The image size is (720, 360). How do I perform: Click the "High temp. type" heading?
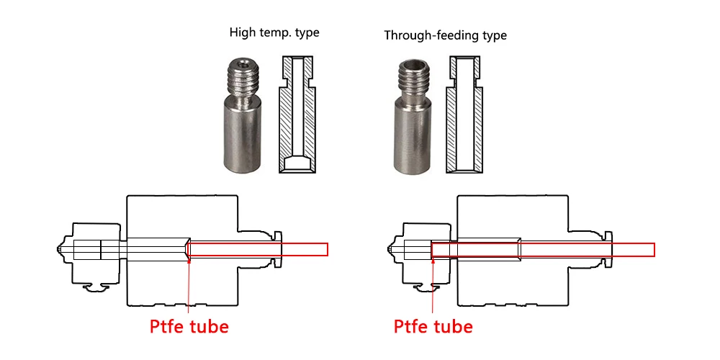click(274, 33)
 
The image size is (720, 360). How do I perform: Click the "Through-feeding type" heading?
click(446, 35)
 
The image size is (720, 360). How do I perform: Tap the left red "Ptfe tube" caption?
click(189, 326)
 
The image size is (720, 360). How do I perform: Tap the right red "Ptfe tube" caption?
click(433, 326)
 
